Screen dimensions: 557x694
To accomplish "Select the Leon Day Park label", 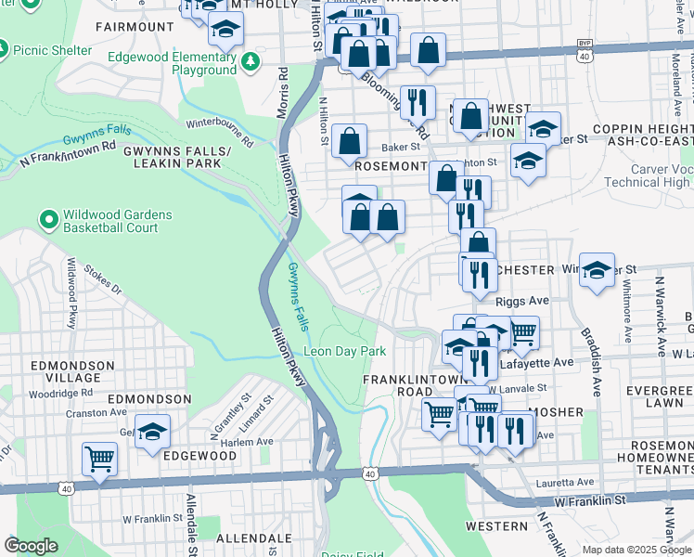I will (345, 352).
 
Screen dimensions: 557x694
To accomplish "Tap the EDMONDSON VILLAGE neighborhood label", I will (66, 371).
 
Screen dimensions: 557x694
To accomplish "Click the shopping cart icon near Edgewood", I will (100, 458).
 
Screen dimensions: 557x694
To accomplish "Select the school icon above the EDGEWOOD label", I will (153, 432).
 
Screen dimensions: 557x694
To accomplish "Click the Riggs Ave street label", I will (522, 302).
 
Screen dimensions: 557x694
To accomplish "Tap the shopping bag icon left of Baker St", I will (350, 142).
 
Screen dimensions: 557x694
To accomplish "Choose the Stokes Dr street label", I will (102, 281).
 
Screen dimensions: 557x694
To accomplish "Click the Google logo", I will (31, 546).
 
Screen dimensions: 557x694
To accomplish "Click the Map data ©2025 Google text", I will (636, 550).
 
